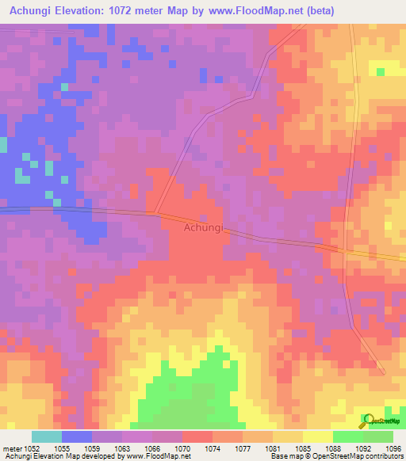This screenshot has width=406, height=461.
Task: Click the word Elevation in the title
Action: pos(86,11)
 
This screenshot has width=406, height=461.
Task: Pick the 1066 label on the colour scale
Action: pos(151,448)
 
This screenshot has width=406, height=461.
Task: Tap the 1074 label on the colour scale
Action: pos(212,448)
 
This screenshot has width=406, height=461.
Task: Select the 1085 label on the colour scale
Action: pos(302,448)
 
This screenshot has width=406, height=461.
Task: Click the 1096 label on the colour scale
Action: pos(393,448)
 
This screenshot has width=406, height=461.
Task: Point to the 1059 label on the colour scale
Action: pos(91,448)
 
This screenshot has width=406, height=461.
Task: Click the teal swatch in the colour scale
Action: pos(47,436)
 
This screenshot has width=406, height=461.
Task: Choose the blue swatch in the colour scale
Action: pos(77,436)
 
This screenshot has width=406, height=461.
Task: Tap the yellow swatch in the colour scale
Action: pos(317,436)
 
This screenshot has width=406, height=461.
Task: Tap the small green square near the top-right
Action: pos(381,71)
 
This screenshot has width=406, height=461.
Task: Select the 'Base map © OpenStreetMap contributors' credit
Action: pos(335,456)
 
